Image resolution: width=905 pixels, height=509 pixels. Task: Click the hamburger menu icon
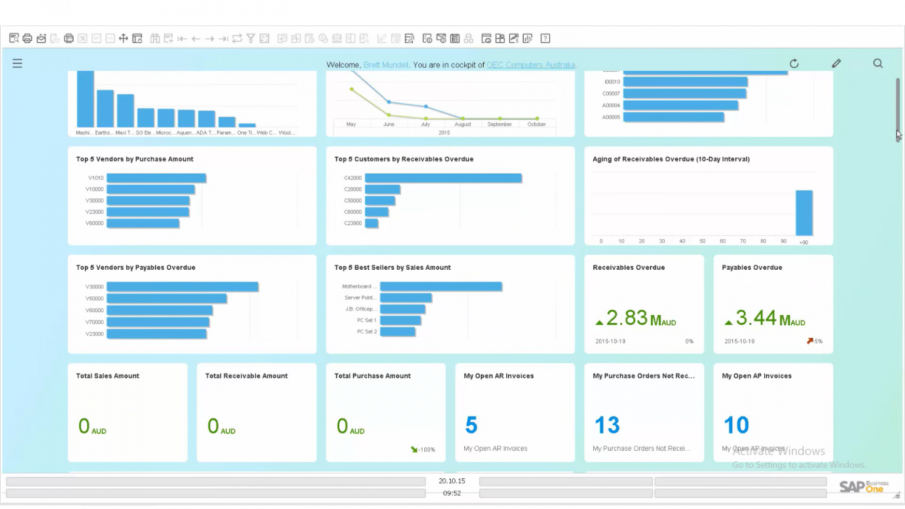(17, 64)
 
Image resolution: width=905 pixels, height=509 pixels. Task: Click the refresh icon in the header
(794, 64)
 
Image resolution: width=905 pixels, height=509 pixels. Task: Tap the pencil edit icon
(836, 64)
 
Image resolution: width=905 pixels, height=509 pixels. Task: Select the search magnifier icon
(878, 64)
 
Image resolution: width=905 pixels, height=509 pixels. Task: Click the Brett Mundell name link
(386, 65)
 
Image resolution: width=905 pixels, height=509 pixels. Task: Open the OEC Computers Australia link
(531, 65)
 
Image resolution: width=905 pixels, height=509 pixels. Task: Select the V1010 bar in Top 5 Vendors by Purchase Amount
(156, 178)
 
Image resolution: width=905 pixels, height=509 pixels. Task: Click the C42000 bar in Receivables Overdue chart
(443, 178)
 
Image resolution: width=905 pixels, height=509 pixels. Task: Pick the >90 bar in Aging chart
(804, 213)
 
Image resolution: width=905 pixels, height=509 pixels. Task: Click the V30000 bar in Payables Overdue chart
(182, 287)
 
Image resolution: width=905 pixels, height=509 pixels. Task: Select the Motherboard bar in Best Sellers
(441, 286)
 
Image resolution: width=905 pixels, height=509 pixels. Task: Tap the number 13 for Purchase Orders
(607, 425)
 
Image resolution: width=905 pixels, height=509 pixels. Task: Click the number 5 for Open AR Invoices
(471, 425)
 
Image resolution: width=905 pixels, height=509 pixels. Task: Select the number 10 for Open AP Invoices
(736, 425)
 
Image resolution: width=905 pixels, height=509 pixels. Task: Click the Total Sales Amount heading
(108, 376)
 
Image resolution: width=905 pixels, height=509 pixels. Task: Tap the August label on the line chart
(463, 124)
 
